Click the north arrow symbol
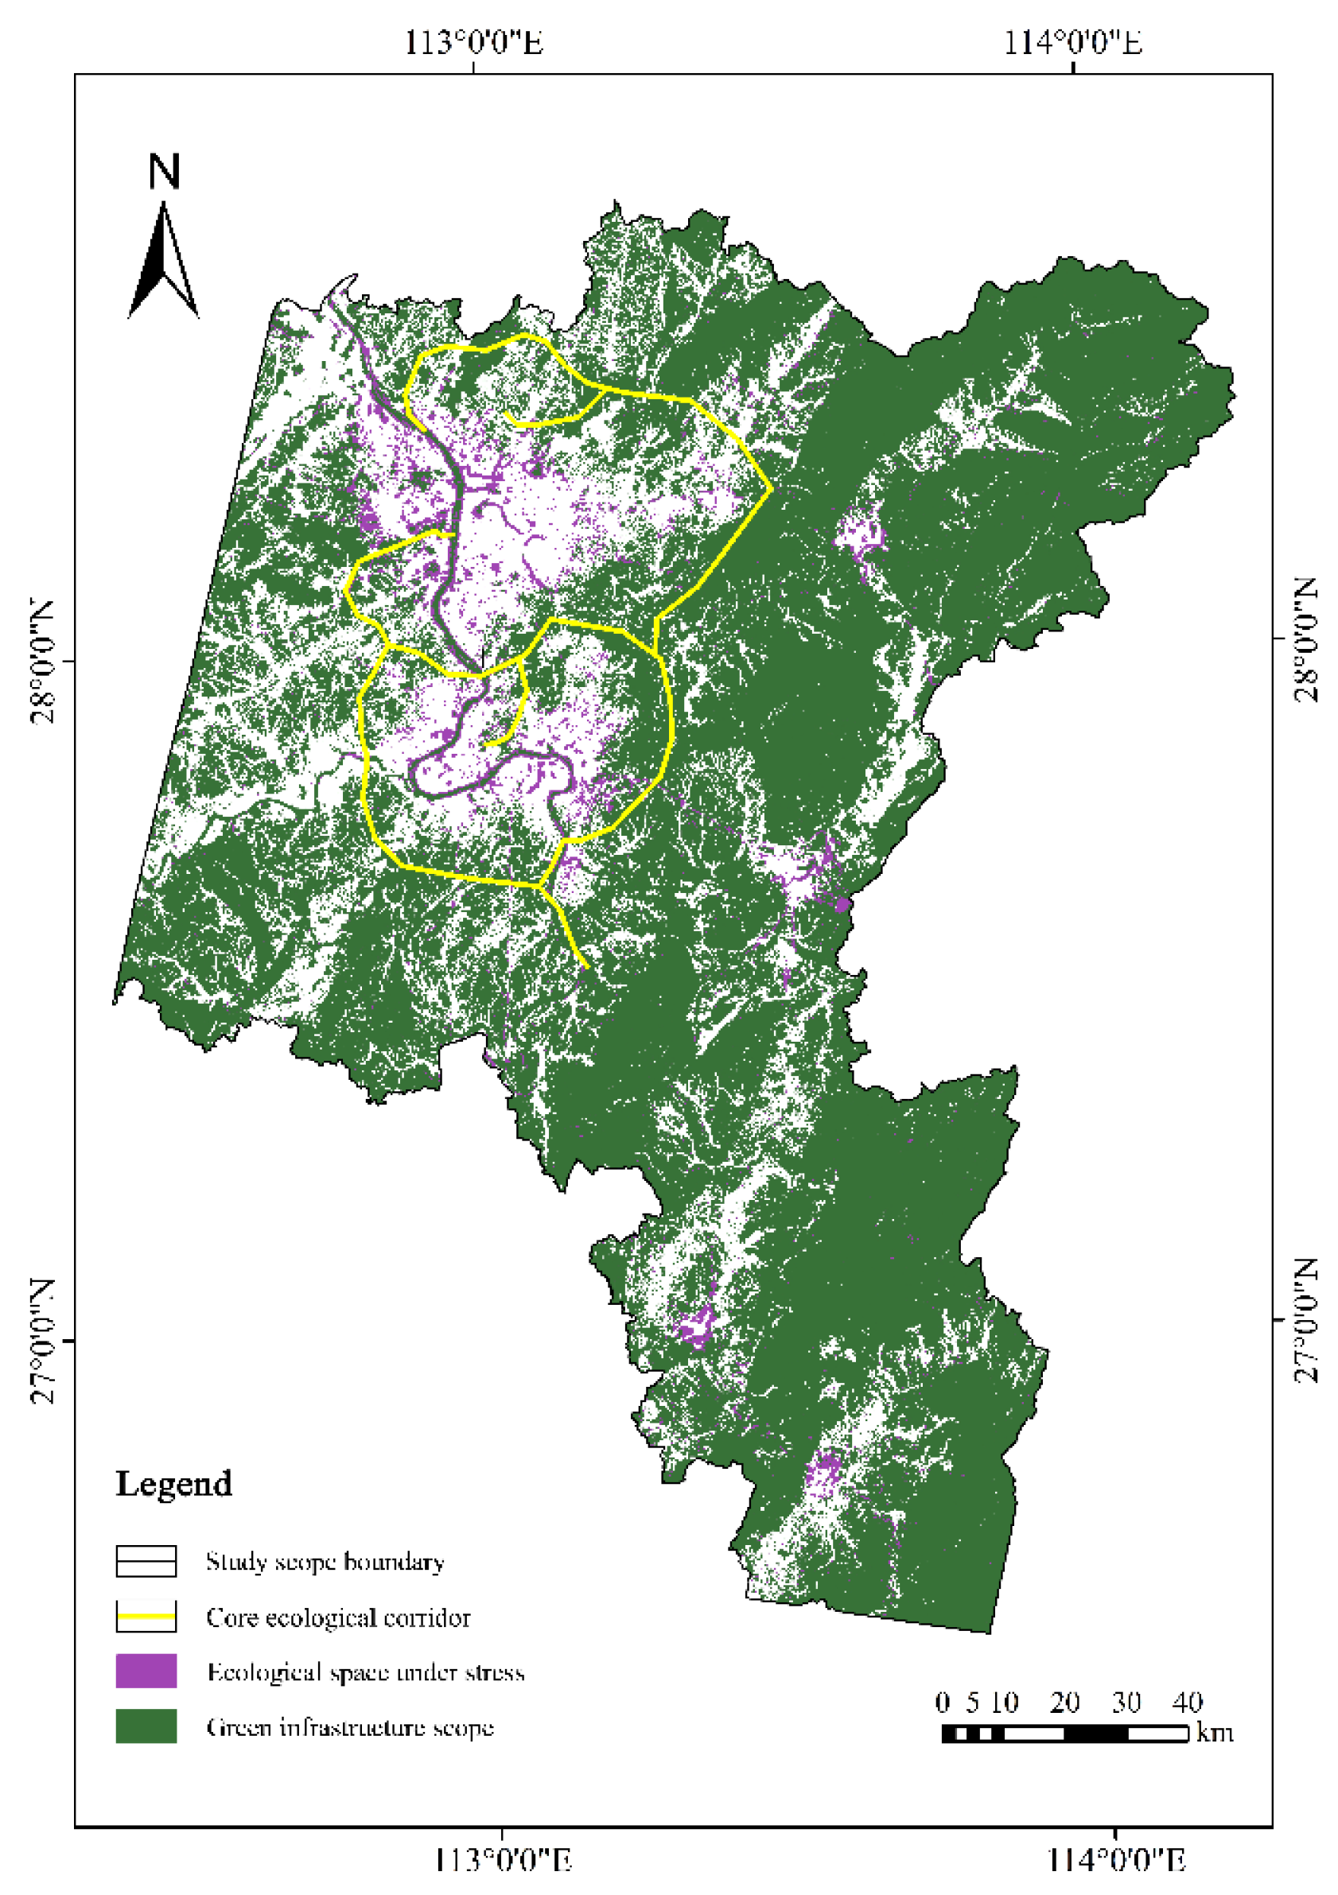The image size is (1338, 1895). pos(163,262)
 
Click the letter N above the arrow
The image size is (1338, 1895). pos(164,172)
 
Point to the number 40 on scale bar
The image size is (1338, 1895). pos(1187,1701)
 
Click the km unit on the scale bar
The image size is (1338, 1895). pos(1215,1731)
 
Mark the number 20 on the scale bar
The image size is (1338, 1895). pos(1065,1701)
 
